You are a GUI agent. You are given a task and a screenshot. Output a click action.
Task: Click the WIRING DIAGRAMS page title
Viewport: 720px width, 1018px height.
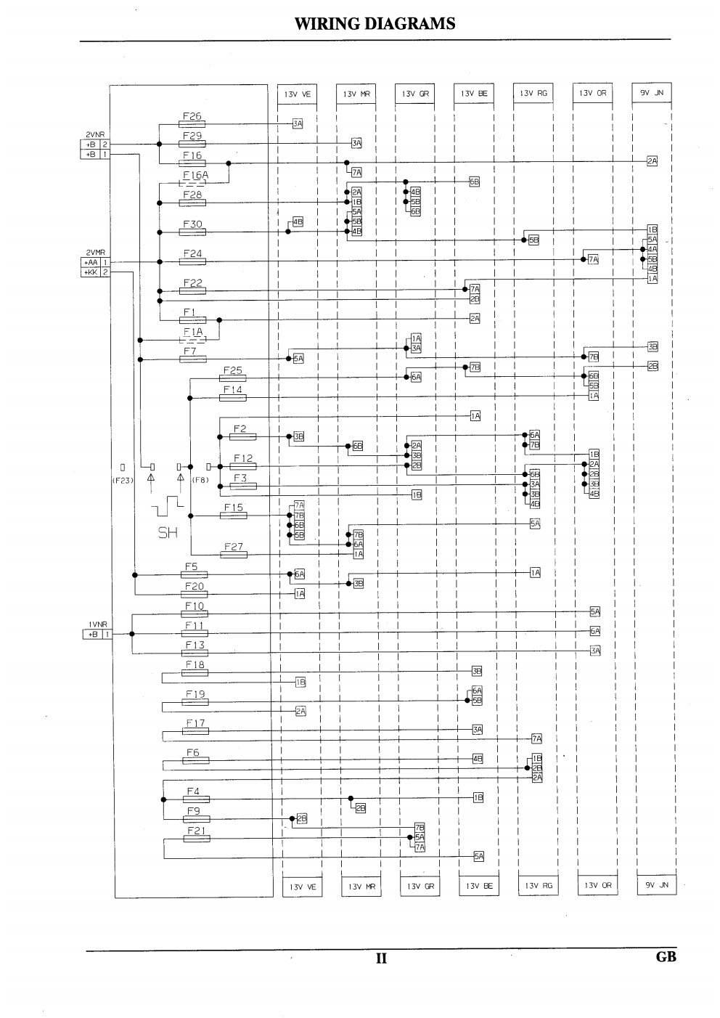[375, 24]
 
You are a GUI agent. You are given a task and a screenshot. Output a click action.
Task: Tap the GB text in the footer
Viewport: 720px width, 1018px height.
[666, 956]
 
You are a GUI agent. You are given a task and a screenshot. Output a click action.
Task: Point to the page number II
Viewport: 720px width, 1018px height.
[381, 958]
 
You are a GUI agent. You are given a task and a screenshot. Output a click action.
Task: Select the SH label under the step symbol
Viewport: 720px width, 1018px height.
[168, 533]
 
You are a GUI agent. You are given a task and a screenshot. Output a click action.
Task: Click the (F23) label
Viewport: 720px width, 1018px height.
[123, 480]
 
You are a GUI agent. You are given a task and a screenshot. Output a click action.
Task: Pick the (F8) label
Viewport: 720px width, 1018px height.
[200, 480]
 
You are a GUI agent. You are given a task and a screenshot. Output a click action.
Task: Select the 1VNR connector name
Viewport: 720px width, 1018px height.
[97, 624]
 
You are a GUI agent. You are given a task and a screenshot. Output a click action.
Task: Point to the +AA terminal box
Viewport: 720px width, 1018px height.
[91, 262]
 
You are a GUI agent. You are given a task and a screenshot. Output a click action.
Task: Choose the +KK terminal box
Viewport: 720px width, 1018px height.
[91, 272]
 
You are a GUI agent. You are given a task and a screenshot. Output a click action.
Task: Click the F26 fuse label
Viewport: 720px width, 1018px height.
[192, 116]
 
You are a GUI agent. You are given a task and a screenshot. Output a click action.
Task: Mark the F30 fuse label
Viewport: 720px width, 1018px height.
[192, 224]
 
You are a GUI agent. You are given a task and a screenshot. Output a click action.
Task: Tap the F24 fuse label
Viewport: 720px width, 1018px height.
[192, 253]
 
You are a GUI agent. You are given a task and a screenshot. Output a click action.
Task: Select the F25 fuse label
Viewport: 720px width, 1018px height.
[232, 370]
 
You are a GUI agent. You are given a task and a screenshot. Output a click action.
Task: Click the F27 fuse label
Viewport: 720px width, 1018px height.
[232, 546]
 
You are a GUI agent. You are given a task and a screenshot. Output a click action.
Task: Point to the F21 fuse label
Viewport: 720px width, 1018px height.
[197, 830]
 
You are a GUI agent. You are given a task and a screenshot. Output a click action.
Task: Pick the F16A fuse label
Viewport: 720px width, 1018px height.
[195, 175]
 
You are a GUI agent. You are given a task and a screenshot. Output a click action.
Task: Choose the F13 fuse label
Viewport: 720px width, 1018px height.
[195, 645]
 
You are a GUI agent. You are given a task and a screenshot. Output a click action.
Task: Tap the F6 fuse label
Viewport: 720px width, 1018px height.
[192, 753]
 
